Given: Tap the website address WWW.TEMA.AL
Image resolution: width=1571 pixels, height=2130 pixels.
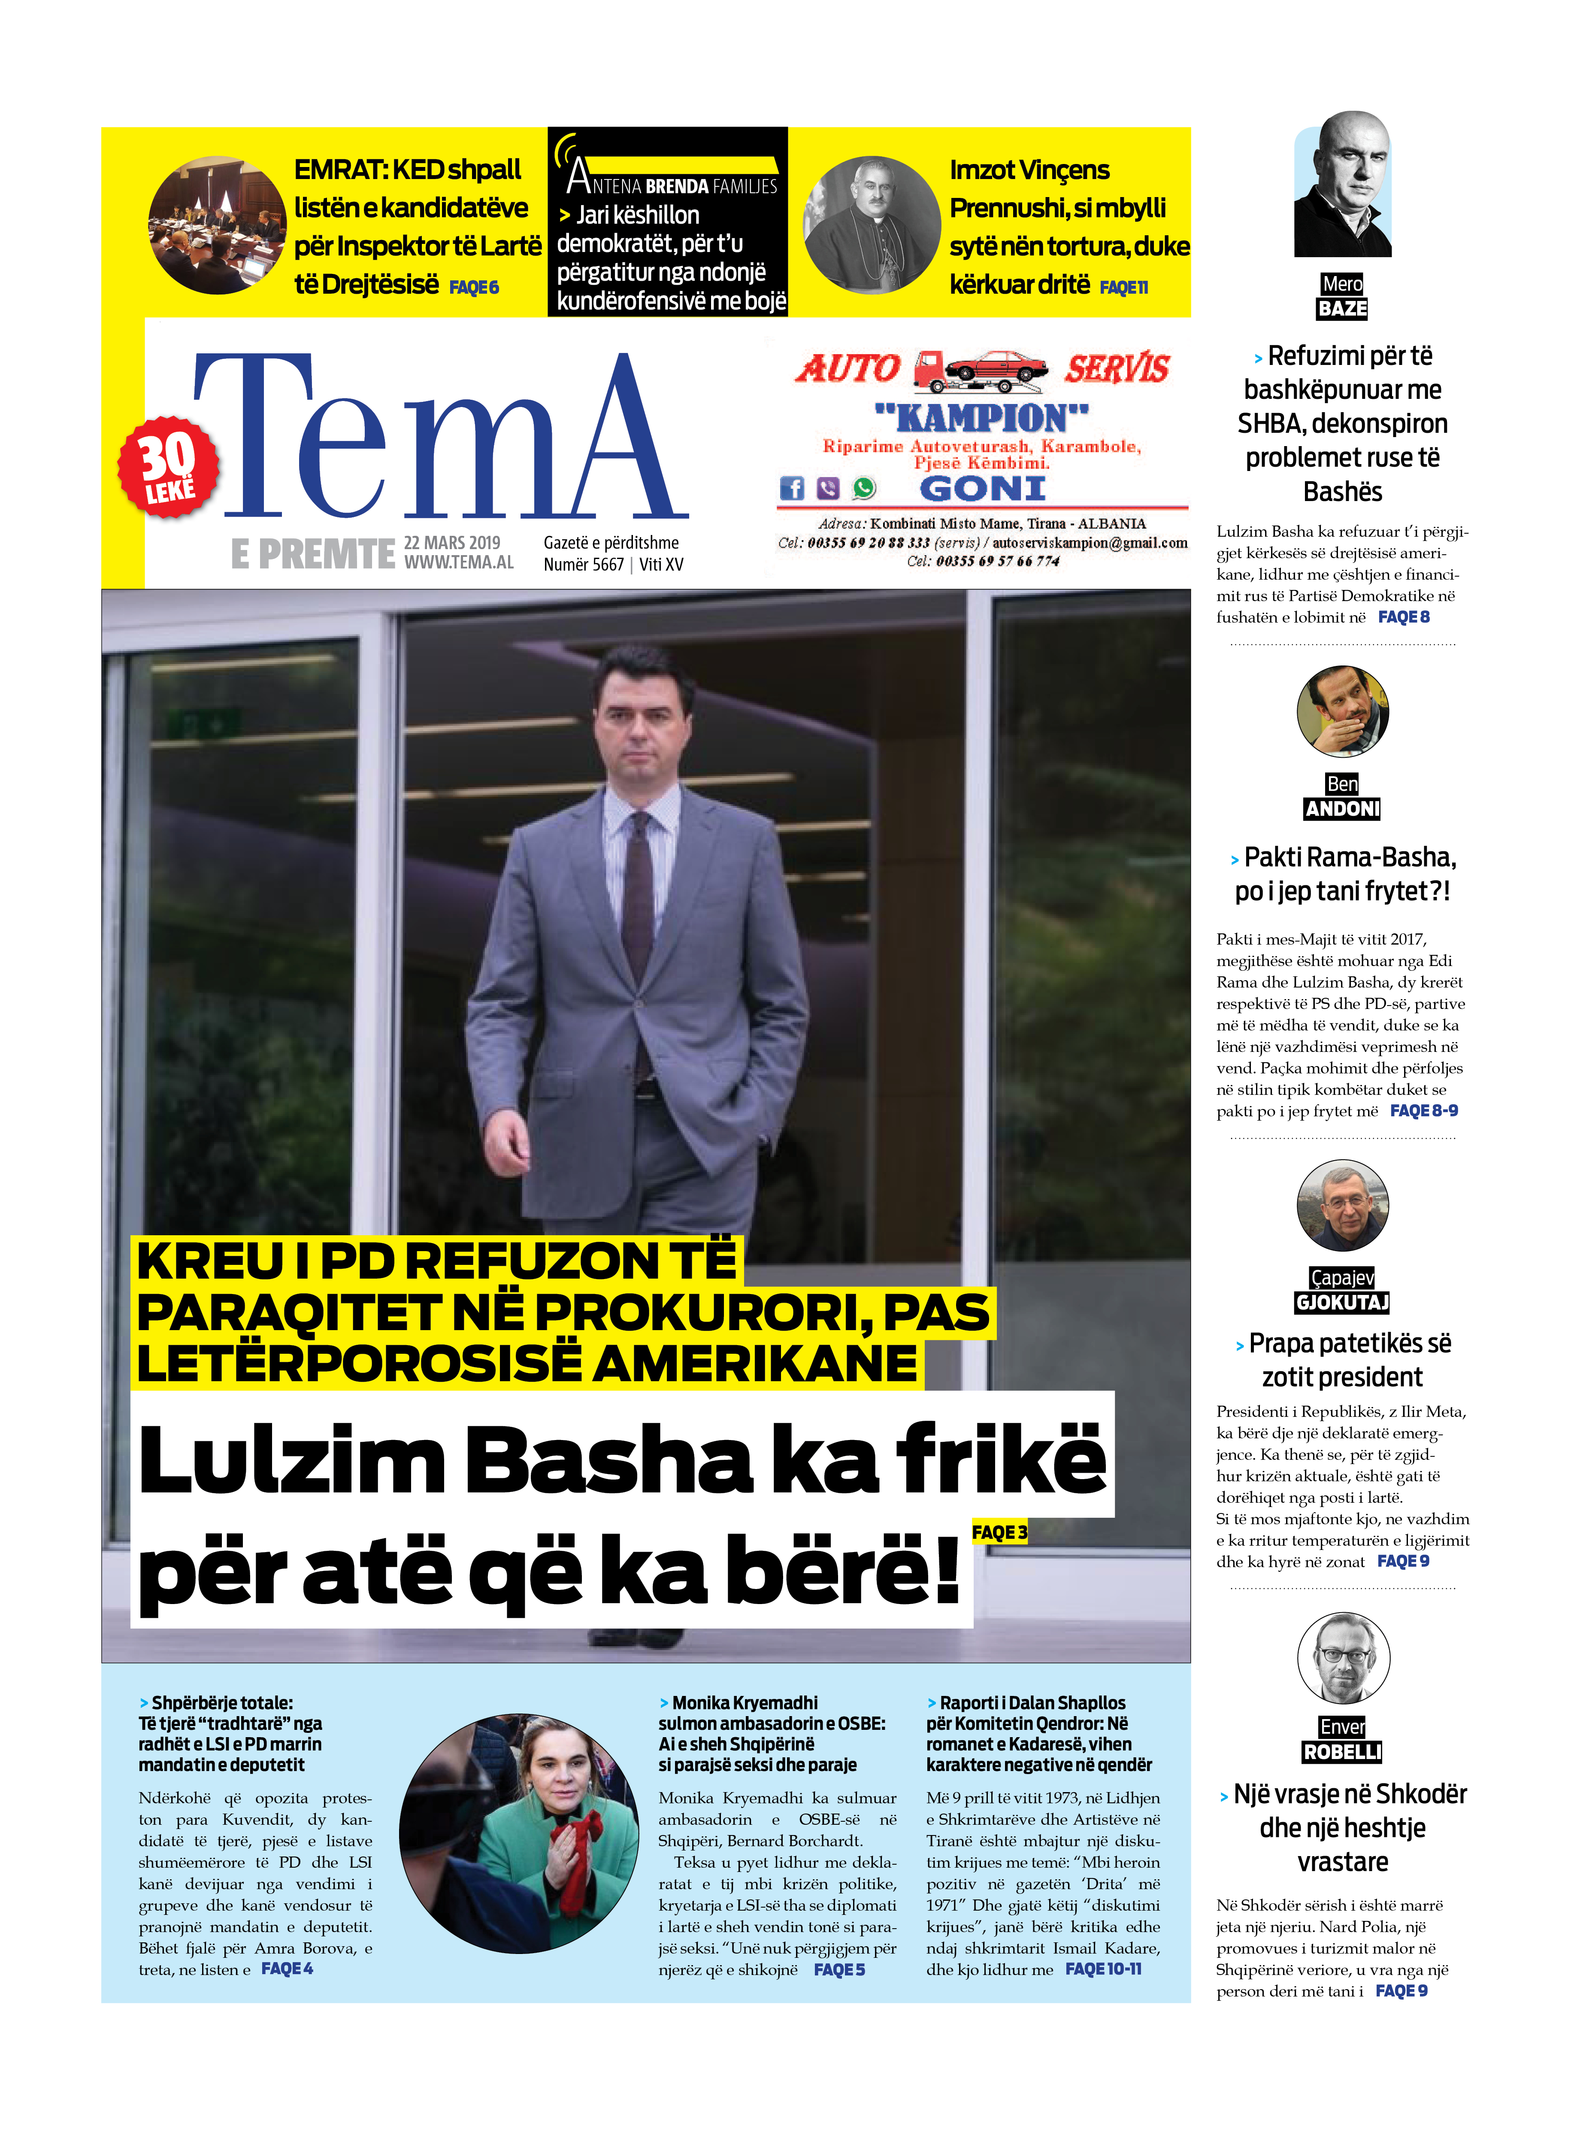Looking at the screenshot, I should [458, 562].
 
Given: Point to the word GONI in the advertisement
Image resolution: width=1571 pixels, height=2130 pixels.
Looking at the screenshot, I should [982, 489].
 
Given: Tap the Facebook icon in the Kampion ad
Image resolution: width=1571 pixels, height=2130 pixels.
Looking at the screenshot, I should [791, 488].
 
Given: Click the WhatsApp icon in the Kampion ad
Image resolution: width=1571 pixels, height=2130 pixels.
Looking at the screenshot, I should [863, 488].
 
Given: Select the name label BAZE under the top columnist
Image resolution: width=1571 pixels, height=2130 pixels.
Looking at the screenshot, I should [1342, 308].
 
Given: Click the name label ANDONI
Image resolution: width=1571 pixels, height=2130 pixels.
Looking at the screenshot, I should [1342, 808].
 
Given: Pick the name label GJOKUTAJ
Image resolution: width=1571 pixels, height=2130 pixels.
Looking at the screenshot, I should [1342, 1302].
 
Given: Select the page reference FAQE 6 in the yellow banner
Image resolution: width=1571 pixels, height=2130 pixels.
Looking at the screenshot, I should [474, 287].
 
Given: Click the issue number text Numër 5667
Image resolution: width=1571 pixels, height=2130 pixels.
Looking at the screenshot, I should [583, 564].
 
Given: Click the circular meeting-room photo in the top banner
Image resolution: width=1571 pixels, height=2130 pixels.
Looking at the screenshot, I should [217, 225].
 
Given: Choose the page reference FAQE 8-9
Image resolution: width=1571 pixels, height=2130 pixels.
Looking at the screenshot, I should [1424, 1110].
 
